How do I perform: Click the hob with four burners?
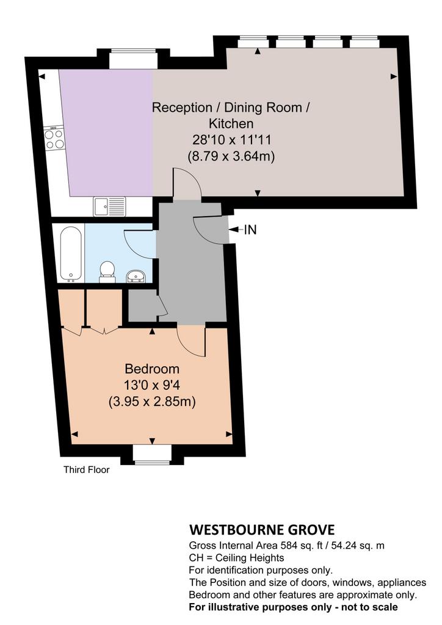(54, 138)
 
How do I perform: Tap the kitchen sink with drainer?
(109, 206)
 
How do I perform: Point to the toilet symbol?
(106, 272)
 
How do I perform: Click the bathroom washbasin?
(137, 275)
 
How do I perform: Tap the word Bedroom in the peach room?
(152, 369)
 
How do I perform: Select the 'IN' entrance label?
(250, 229)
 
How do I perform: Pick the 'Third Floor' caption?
(87, 469)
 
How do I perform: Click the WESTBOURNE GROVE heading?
(262, 530)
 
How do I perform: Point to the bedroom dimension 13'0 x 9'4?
(152, 385)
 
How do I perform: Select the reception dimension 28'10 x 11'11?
(231, 140)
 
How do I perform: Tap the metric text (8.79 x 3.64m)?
(231, 156)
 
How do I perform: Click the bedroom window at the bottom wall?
(152, 455)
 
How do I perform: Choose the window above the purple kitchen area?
(133, 58)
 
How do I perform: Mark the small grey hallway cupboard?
(143, 305)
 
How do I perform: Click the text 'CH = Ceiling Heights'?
(236, 558)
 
